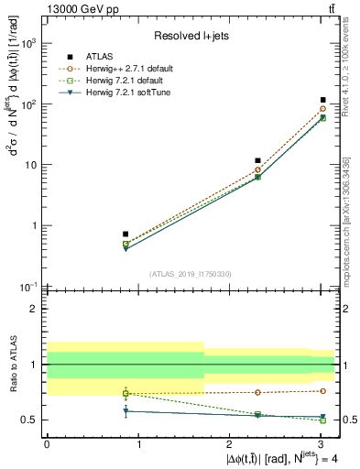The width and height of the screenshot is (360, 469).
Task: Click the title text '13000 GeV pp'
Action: tap(74, 9)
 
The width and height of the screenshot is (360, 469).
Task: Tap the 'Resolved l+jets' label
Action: tap(188, 36)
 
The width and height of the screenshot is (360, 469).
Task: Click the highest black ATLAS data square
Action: tap(323, 100)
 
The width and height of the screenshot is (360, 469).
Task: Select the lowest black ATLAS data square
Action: tap(125, 234)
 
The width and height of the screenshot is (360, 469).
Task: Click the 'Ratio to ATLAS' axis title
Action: tap(12, 365)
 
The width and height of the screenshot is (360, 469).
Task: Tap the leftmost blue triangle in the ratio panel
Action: tap(125, 411)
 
